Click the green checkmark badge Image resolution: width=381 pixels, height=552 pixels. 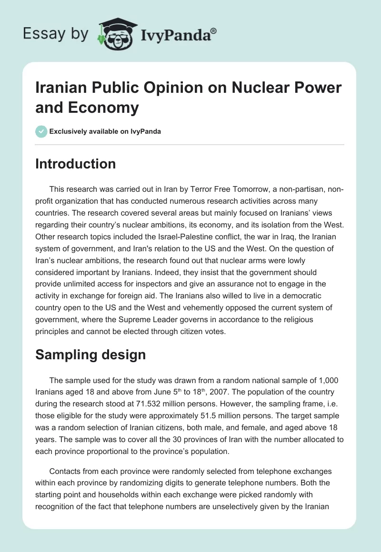click(41, 131)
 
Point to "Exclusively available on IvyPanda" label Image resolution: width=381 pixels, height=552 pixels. click(105, 131)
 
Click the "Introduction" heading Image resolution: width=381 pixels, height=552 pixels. click(76, 164)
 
